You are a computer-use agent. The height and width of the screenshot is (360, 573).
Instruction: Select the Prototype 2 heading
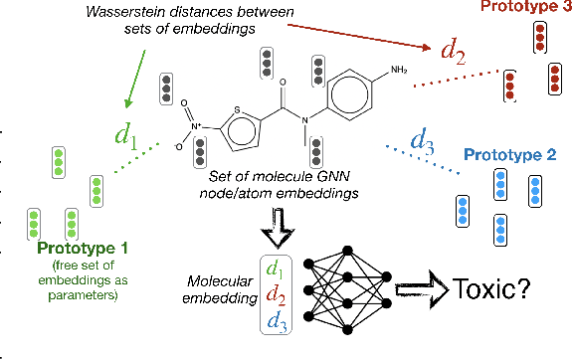pyautogui.click(x=514, y=155)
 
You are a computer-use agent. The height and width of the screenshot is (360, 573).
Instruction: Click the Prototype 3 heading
pyautogui.click(x=521, y=8)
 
